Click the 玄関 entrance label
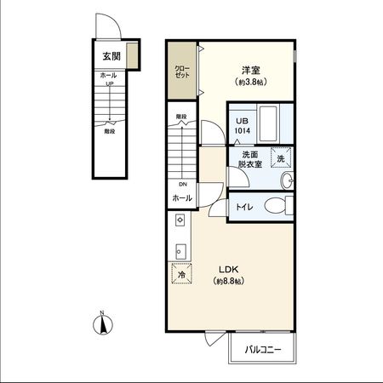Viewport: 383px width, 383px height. click(x=111, y=57)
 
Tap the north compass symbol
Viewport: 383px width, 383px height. click(x=102, y=324)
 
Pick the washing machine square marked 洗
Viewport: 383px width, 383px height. click(x=280, y=157)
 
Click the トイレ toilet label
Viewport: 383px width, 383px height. click(x=243, y=206)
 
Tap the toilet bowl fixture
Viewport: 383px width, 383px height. click(x=274, y=206)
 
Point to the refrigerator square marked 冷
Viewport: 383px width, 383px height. click(x=181, y=274)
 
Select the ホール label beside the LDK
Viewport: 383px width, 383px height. click(x=182, y=197)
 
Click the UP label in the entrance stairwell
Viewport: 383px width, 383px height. click(x=110, y=84)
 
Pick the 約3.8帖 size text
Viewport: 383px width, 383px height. click(x=249, y=82)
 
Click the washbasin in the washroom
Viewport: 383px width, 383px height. click(x=286, y=180)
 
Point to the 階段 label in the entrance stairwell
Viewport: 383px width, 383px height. click(x=110, y=132)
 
